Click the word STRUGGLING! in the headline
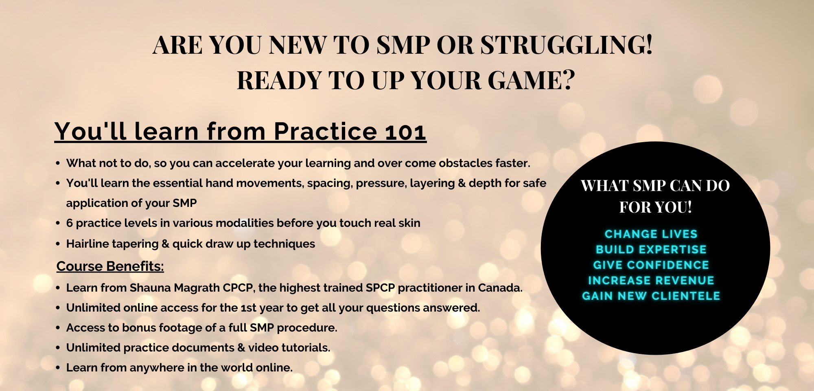point(567,45)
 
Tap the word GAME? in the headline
point(532,80)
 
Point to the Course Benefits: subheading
point(110,266)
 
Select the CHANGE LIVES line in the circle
point(651,234)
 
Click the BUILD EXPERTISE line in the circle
point(651,250)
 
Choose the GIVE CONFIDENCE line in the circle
point(651,265)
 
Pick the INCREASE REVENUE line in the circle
point(651,281)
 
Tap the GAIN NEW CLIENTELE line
point(651,296)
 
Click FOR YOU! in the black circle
point(655,207)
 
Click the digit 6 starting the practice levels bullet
point(70,223)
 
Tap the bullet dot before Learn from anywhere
point(58,368)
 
